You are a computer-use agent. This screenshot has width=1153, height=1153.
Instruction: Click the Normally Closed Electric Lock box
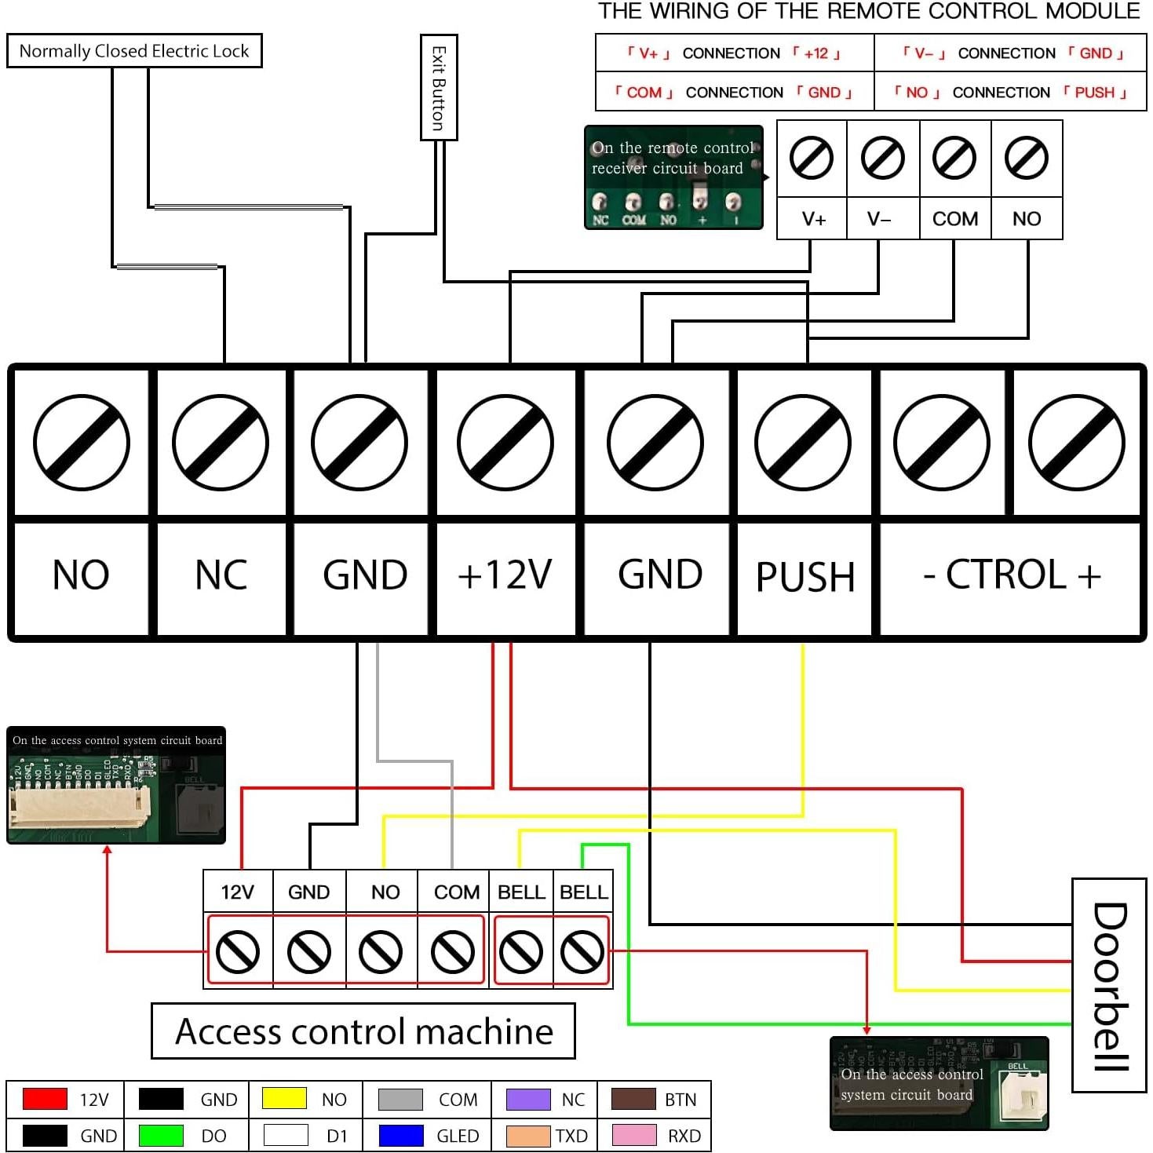[134, 51]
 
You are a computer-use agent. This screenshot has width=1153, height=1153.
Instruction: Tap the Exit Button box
[439, 87]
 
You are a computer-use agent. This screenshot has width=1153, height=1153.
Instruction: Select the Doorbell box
[1109, 985]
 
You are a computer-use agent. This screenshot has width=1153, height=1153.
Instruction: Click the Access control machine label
[363, 1031]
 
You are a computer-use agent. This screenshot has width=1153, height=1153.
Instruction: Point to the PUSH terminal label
[805, 577]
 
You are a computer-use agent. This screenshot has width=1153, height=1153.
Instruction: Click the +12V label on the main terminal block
[505, 575]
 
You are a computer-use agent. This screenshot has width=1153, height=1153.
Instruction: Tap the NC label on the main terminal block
[221, 575]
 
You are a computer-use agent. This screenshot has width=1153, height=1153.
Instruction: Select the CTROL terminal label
[1011, 575]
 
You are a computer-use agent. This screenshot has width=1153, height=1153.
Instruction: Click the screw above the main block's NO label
[82, 443]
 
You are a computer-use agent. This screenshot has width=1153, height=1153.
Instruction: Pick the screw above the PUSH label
[803, 443]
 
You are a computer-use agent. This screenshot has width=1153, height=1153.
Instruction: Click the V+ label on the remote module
[813, 219]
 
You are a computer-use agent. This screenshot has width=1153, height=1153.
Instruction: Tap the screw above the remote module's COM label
[954, 158]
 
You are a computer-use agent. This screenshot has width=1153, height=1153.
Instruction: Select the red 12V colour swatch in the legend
[45, 1099]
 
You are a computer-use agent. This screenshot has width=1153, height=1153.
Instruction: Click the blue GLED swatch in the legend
[401, 1136]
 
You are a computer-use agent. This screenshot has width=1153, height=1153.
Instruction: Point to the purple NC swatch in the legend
[528, 1099]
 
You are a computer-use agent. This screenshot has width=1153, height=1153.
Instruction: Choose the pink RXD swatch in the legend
[633, 1136]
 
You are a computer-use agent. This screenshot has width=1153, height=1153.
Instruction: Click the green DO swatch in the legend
[161, 1136]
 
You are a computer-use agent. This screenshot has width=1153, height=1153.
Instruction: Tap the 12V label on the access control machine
[238, 892]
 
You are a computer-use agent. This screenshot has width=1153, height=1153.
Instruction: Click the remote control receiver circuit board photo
[673, 177]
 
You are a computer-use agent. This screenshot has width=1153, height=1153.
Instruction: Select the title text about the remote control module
[868, 12]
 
